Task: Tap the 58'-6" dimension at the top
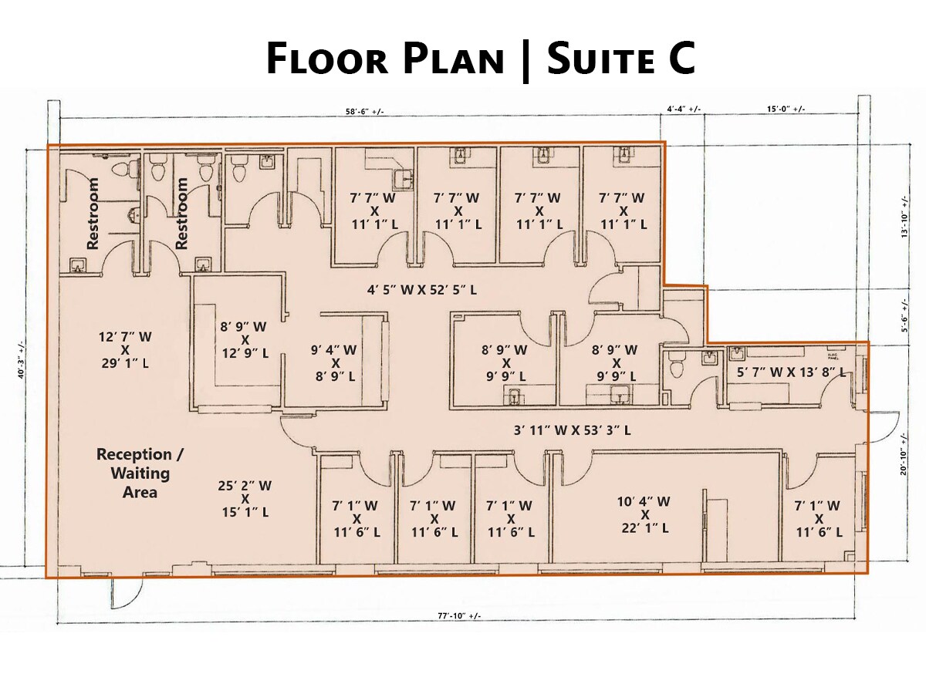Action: (x=364, y=112)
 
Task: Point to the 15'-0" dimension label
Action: (x=786, y=109)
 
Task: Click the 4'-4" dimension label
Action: (x=683, y=109)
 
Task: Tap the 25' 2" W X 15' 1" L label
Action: (x=245, y=498)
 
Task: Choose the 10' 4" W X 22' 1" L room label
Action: (x=644, y=514)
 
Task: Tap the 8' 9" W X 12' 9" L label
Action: (x=243, y=339)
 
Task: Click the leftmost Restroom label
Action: (x=93, y=213)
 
